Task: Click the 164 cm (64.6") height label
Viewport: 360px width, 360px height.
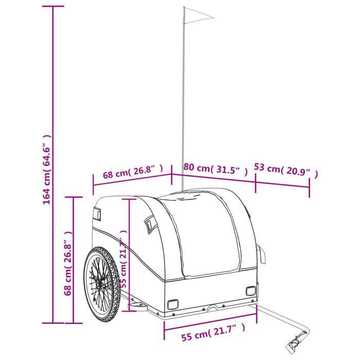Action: [x=46, y=169]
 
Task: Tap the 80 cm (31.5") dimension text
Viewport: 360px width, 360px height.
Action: [x=215, y=169]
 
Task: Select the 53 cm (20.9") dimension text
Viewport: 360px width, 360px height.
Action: [x=286, y=170]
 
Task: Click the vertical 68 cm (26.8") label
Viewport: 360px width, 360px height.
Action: [x=68, y=263]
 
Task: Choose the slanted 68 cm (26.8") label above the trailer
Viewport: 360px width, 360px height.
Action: [x=133, y=171]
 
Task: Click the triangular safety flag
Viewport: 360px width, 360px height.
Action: [x=199, y=15]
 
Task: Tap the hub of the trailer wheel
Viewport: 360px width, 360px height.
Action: [x=100, y=285]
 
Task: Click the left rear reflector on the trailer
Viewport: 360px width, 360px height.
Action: [x=173, y=304]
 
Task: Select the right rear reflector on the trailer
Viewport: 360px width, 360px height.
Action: [x=250, y=291]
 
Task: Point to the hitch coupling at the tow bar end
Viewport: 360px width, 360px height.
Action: [x=296, y=343]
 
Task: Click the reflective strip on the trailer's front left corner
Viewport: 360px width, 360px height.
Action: [x=97, y=213]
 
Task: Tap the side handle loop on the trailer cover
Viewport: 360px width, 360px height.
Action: [x=150, y=223]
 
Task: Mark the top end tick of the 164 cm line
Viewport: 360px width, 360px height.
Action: [x=53, y=6]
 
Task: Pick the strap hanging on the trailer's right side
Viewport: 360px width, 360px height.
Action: [x=262, y=254]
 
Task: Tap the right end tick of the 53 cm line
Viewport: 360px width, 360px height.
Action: [x=309, y=187]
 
